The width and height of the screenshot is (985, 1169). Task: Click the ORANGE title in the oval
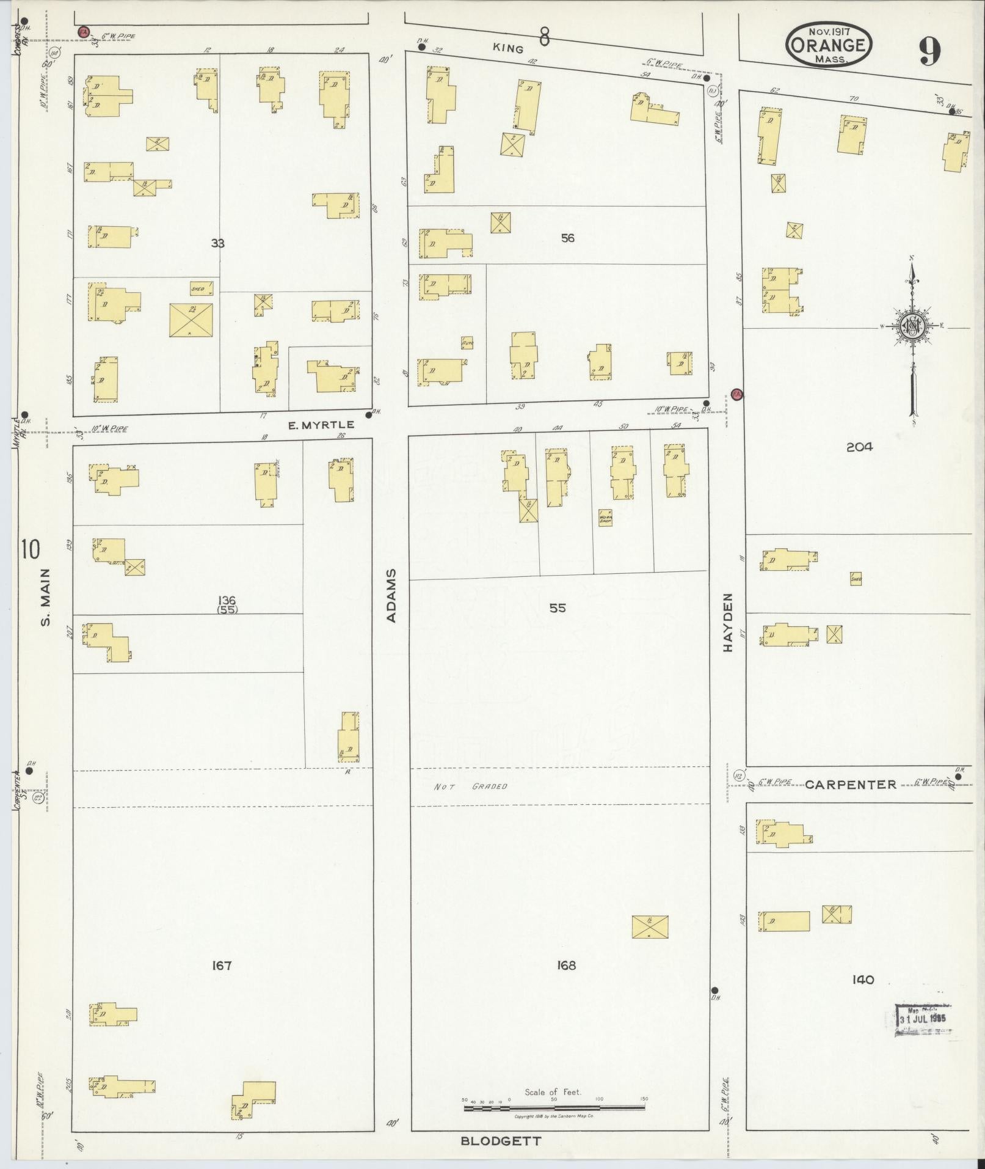[828, 45]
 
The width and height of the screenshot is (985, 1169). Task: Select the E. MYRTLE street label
[321, 424]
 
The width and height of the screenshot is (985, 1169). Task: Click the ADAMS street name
[391, 596]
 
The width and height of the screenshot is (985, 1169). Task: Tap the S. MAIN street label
[46, 597]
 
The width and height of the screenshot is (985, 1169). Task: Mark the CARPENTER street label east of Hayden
[850, 785]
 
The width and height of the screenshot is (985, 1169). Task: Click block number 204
[859, 447]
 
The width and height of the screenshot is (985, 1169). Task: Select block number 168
[566, 966]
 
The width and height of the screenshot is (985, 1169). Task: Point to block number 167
[222, 966]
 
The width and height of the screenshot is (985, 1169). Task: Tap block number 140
[862, 980]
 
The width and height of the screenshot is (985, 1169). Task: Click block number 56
[567, 238]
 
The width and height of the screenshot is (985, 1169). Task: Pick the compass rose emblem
[912, 328]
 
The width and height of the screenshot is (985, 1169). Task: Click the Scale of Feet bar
[554, 1107]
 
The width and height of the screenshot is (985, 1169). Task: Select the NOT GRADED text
[471, 786]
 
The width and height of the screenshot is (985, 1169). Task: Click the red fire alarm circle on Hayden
[736, 394]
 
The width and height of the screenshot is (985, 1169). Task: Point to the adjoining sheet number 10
[30, 549]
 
